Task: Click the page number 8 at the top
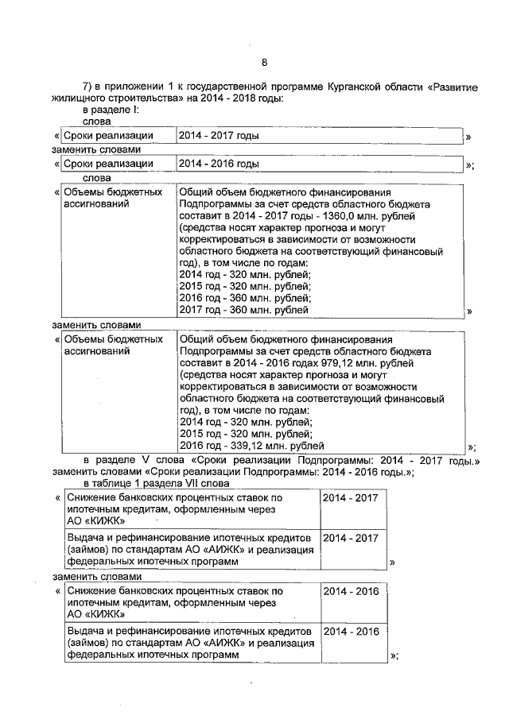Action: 265,63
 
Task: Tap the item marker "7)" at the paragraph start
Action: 88,86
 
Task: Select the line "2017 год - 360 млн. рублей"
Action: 244,310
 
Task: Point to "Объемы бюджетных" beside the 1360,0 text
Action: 113,192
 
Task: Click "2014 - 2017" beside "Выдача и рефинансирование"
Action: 351,538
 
